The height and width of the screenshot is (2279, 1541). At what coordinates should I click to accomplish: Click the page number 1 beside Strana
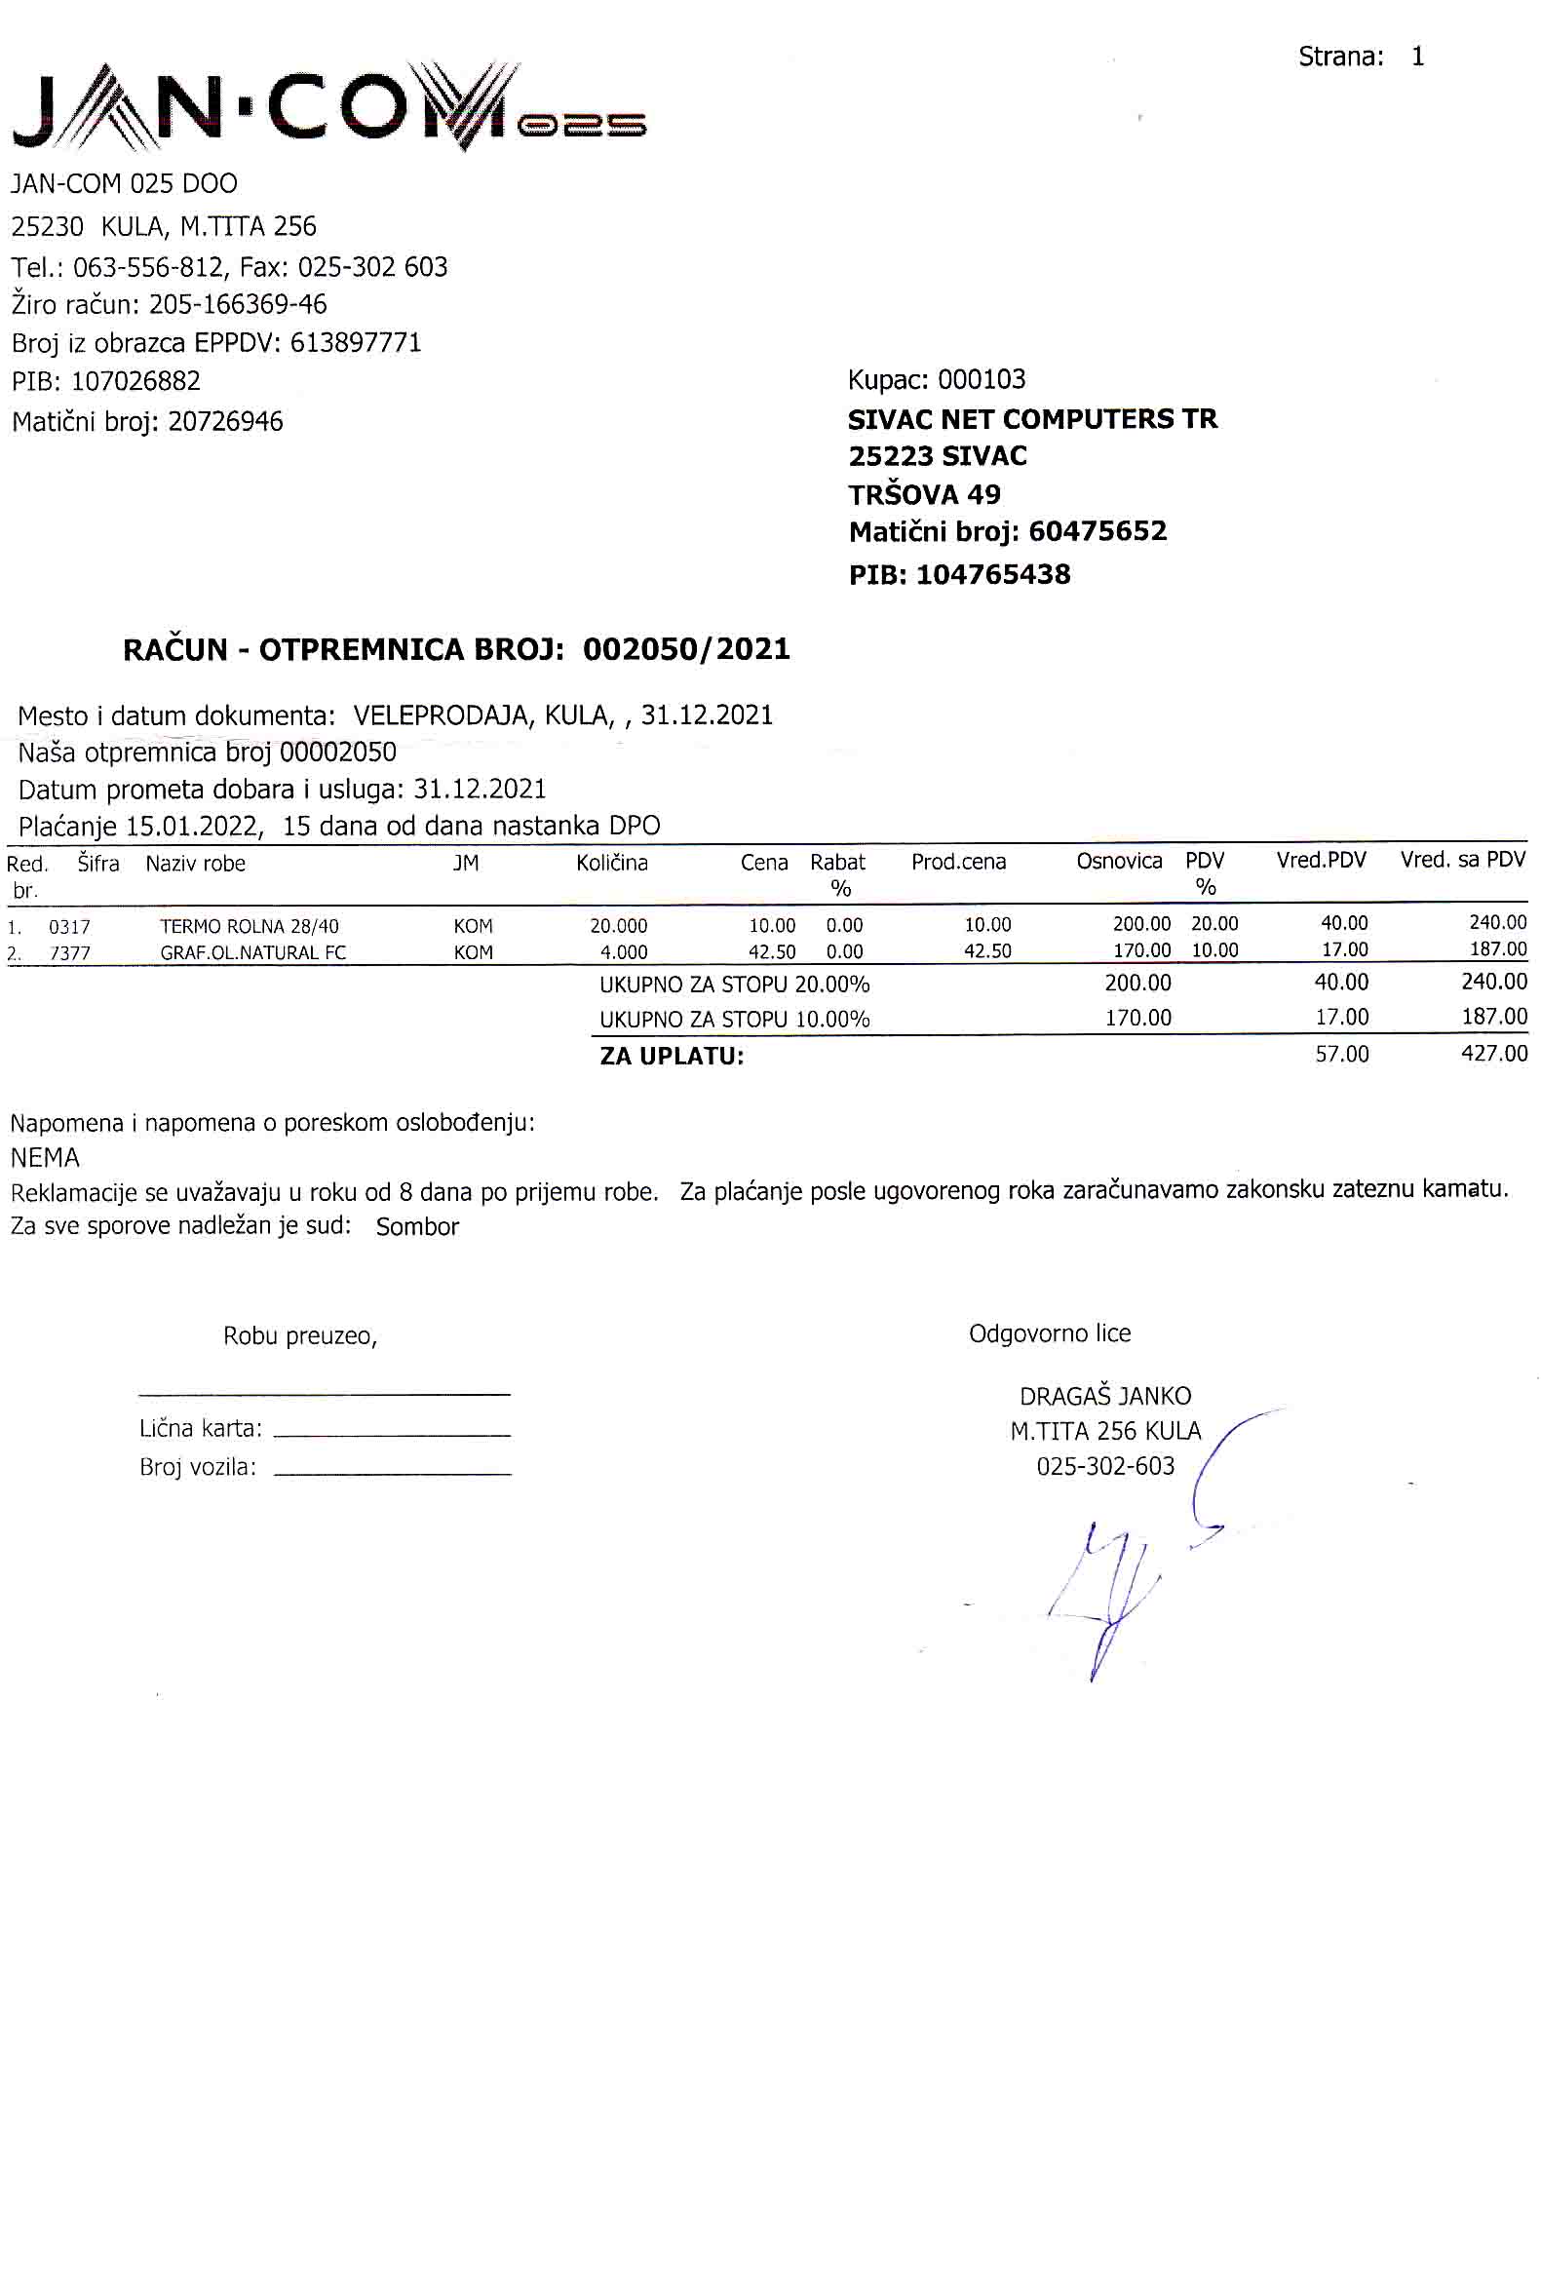pyautogui.click(x=1416, y=57)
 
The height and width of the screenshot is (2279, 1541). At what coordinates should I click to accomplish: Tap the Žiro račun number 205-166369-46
pyautogui.click(x=237, y=304)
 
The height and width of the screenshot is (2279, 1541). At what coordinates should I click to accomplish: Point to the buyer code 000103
pyautogui.click(x=982, y=379)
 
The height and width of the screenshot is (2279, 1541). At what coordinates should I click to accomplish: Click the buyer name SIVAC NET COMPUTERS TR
pyautogui.click(x=1032, y=419)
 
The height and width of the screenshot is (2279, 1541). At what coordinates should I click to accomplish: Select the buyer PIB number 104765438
pyautogui.click(x=993, y=575)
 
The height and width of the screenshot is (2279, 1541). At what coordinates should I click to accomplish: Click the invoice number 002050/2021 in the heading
pyautogui.click(x=686, y=649)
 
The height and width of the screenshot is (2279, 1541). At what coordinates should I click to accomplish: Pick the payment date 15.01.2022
pyautogui.click(x=194, y=826)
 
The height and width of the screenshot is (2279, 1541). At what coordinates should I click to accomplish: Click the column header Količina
pyautogui.click(x=612, y=863)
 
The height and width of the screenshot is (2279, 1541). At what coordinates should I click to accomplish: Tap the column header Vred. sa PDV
pyautogui.click(x=1463, y=860)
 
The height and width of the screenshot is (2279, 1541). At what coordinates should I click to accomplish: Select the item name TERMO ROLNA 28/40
pyautogui.click(x=249, y=926)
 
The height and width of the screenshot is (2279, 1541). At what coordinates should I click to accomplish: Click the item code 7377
pyautogui.click(x=69, y=952)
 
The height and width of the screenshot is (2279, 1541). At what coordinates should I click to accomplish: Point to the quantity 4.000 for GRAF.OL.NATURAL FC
pyautogui.click(x=624, y=952)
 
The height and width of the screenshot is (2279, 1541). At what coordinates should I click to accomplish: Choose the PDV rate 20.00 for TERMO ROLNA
pyautogui.click(x=1214, y=924)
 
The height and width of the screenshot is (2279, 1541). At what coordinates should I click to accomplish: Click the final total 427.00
pyautogui.click(x=1494, y=1054)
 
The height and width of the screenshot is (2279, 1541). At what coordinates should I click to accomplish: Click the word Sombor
pyautogui.click(x=416, y=1227)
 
